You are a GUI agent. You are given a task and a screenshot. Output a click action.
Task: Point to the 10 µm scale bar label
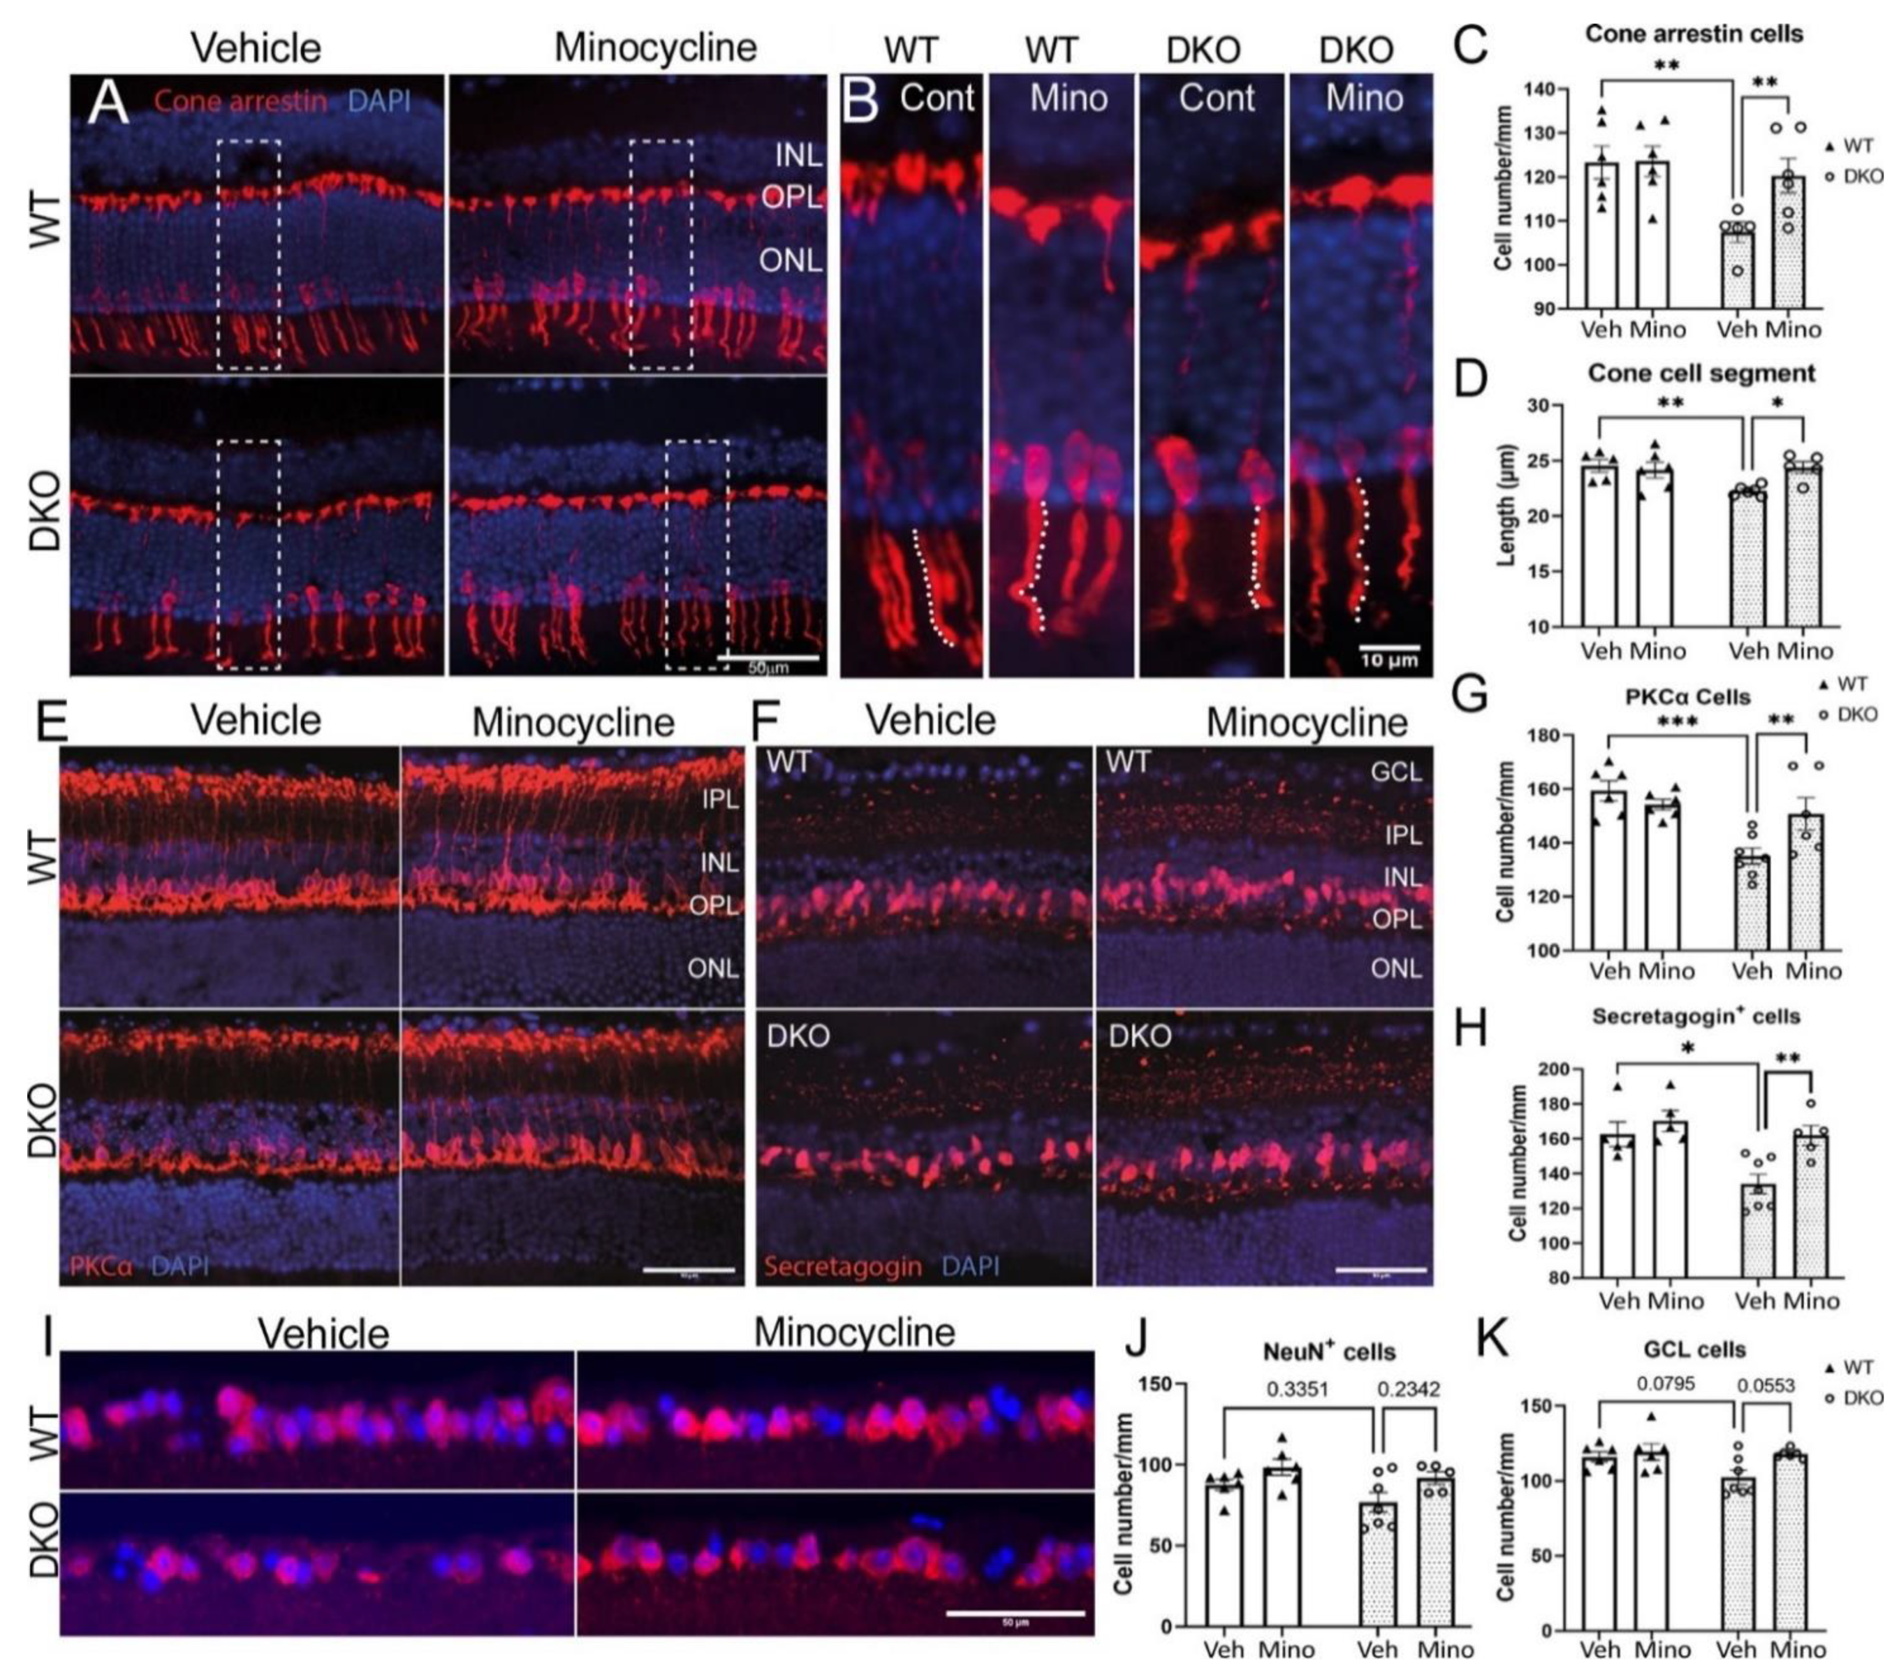click(x=1390, y=660)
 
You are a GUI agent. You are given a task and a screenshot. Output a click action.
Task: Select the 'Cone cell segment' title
click(x=1701, y=373)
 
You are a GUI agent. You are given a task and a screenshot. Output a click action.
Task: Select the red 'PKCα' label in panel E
click(x=101, y=1266)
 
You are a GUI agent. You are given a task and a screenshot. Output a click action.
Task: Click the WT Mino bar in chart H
click(x=1670, y=1200)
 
